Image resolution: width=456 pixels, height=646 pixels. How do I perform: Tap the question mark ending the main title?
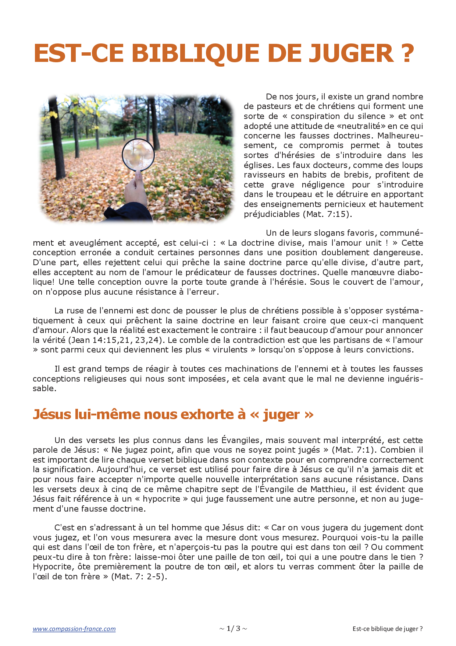[407, 53]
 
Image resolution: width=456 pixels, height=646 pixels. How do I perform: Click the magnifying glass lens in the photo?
[138, 154]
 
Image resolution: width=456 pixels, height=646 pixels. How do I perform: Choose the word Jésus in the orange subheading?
[52, 415]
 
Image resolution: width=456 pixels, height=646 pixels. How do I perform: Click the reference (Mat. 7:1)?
[355, 450]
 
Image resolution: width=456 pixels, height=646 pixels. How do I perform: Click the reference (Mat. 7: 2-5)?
[139, 577]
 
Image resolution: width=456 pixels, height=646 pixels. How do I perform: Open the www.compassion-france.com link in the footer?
[74, 629]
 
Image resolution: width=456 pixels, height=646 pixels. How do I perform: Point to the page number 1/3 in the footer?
[233, 629]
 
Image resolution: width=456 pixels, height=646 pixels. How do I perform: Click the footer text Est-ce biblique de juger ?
[388, 629]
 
